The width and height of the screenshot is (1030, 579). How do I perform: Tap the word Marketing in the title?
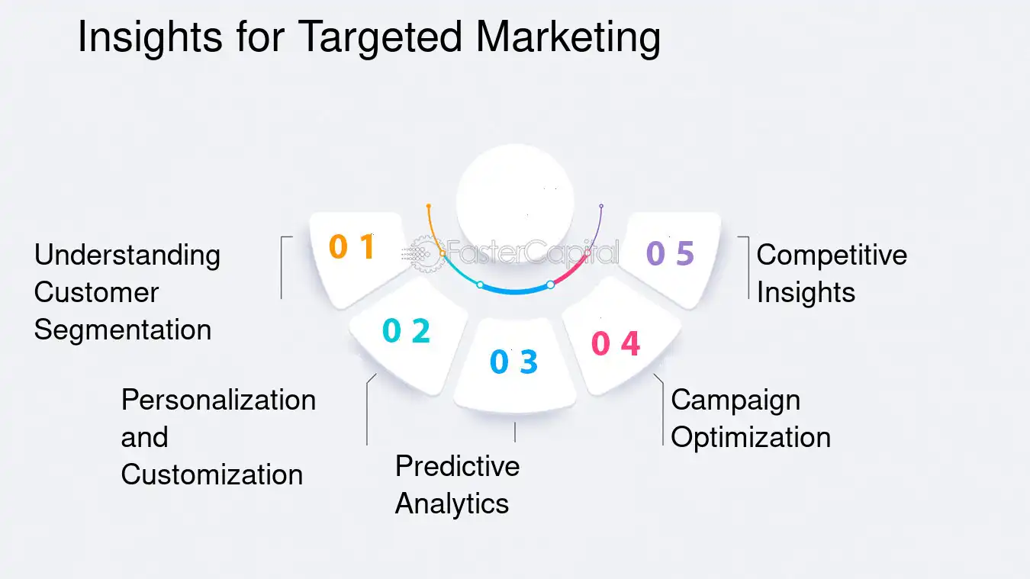(568, 38)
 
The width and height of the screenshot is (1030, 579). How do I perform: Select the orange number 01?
(352, 246)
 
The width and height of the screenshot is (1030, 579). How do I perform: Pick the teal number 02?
(406, 330)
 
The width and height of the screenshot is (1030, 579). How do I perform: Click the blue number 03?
(513, 362)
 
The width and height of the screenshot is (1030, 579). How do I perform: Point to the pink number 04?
(616, 344)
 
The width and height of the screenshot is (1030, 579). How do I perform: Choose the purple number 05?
(670, 253)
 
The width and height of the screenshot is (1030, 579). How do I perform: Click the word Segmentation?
(123, 330)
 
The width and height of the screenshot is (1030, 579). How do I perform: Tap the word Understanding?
(127, 255)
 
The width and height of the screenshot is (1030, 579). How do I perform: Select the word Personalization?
(218, 400)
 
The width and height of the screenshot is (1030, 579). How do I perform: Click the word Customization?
(212, 474)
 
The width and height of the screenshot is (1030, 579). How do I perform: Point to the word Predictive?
(457, 465)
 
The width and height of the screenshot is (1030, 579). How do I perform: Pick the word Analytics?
(452, 503)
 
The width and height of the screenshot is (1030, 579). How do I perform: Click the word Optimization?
(751, 437)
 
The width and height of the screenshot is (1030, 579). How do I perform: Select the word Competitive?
(832, 255)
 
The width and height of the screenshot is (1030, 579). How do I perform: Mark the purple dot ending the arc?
(601, 206)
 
